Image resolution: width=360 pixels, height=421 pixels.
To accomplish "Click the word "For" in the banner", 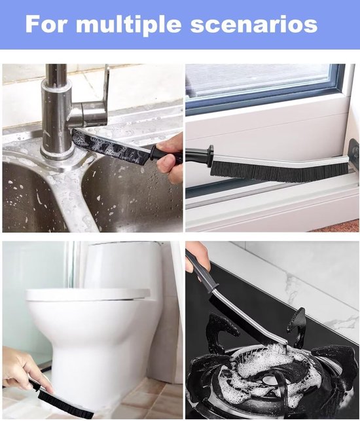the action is [46, 24].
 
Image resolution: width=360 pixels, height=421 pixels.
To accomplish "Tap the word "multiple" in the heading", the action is [129, 26].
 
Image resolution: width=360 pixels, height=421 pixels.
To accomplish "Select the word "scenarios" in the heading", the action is [254, 25].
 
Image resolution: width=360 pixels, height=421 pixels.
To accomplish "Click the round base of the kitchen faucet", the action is [58, 155].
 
